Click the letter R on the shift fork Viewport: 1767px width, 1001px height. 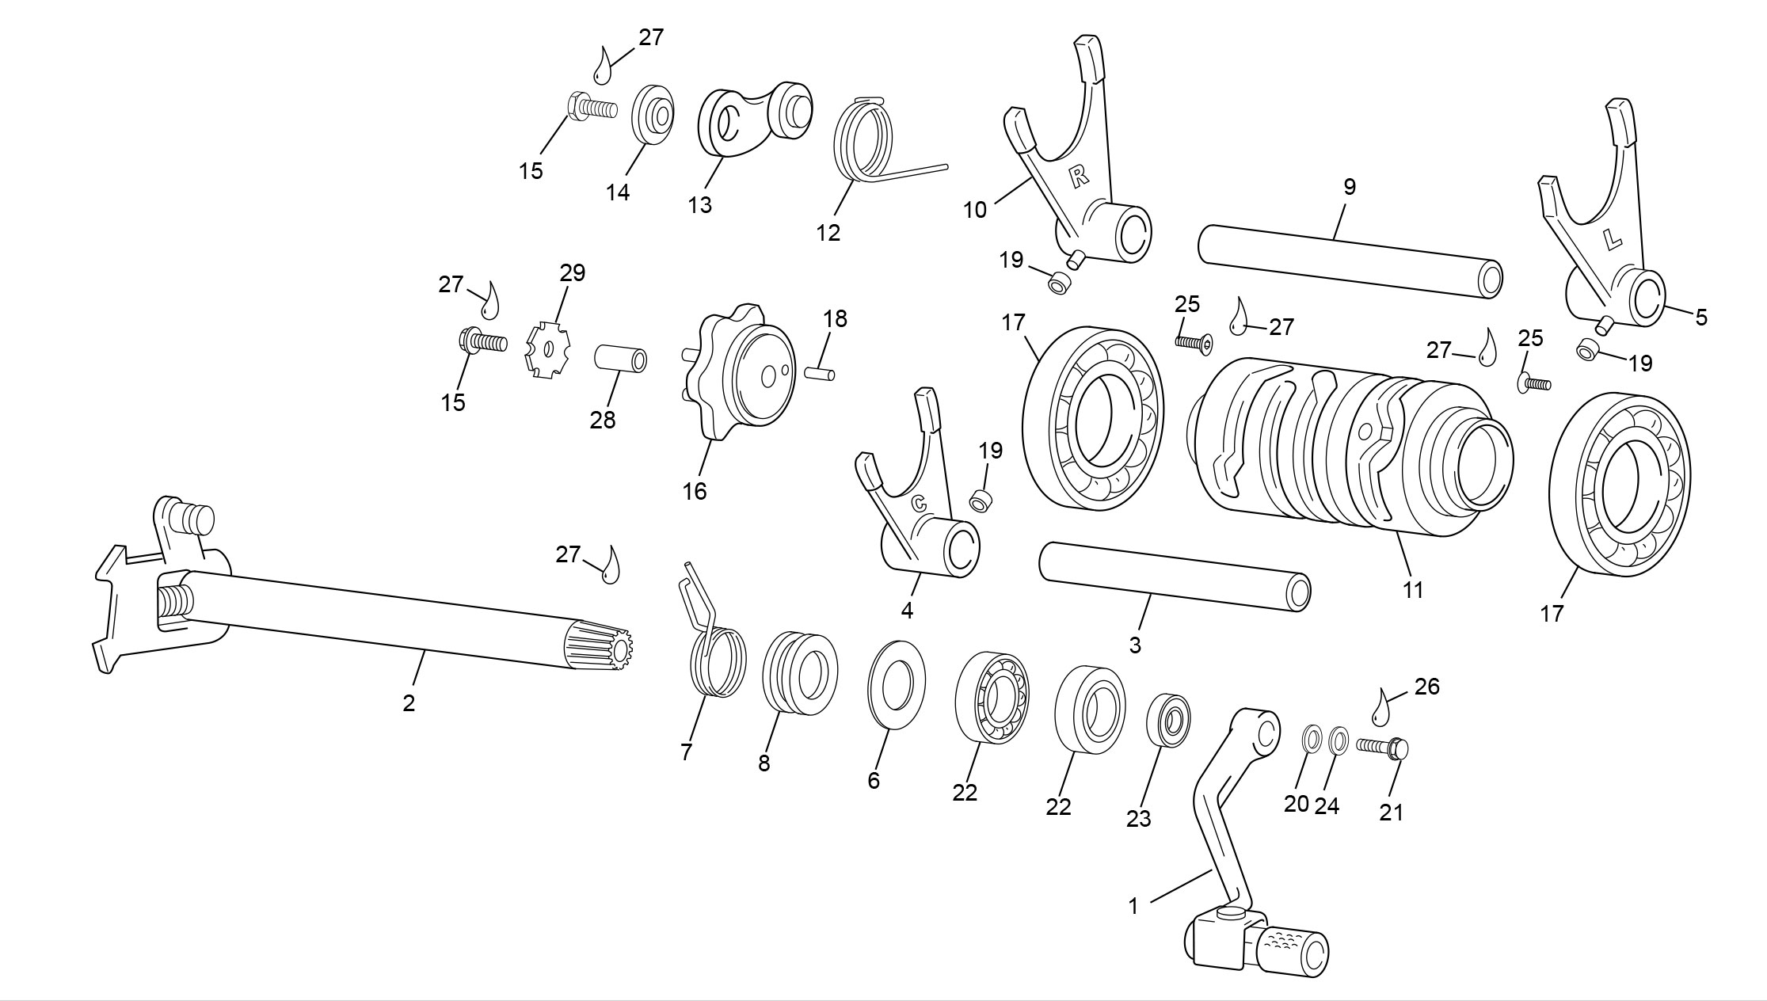coord(1079,177)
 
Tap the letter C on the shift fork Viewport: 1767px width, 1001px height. coord(920,502)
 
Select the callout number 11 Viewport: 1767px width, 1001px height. coord(1413,590)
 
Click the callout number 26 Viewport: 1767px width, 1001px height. coord(1426,687)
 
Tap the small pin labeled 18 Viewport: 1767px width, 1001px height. coord(821,371)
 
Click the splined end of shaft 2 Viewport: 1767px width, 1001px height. coord(601,645)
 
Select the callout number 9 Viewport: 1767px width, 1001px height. coord(1350,187)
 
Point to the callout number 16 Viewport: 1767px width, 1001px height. coord(695,492)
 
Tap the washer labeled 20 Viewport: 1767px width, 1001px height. coord(1311,740)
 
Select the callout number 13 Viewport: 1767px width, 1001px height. coord(700,205)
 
